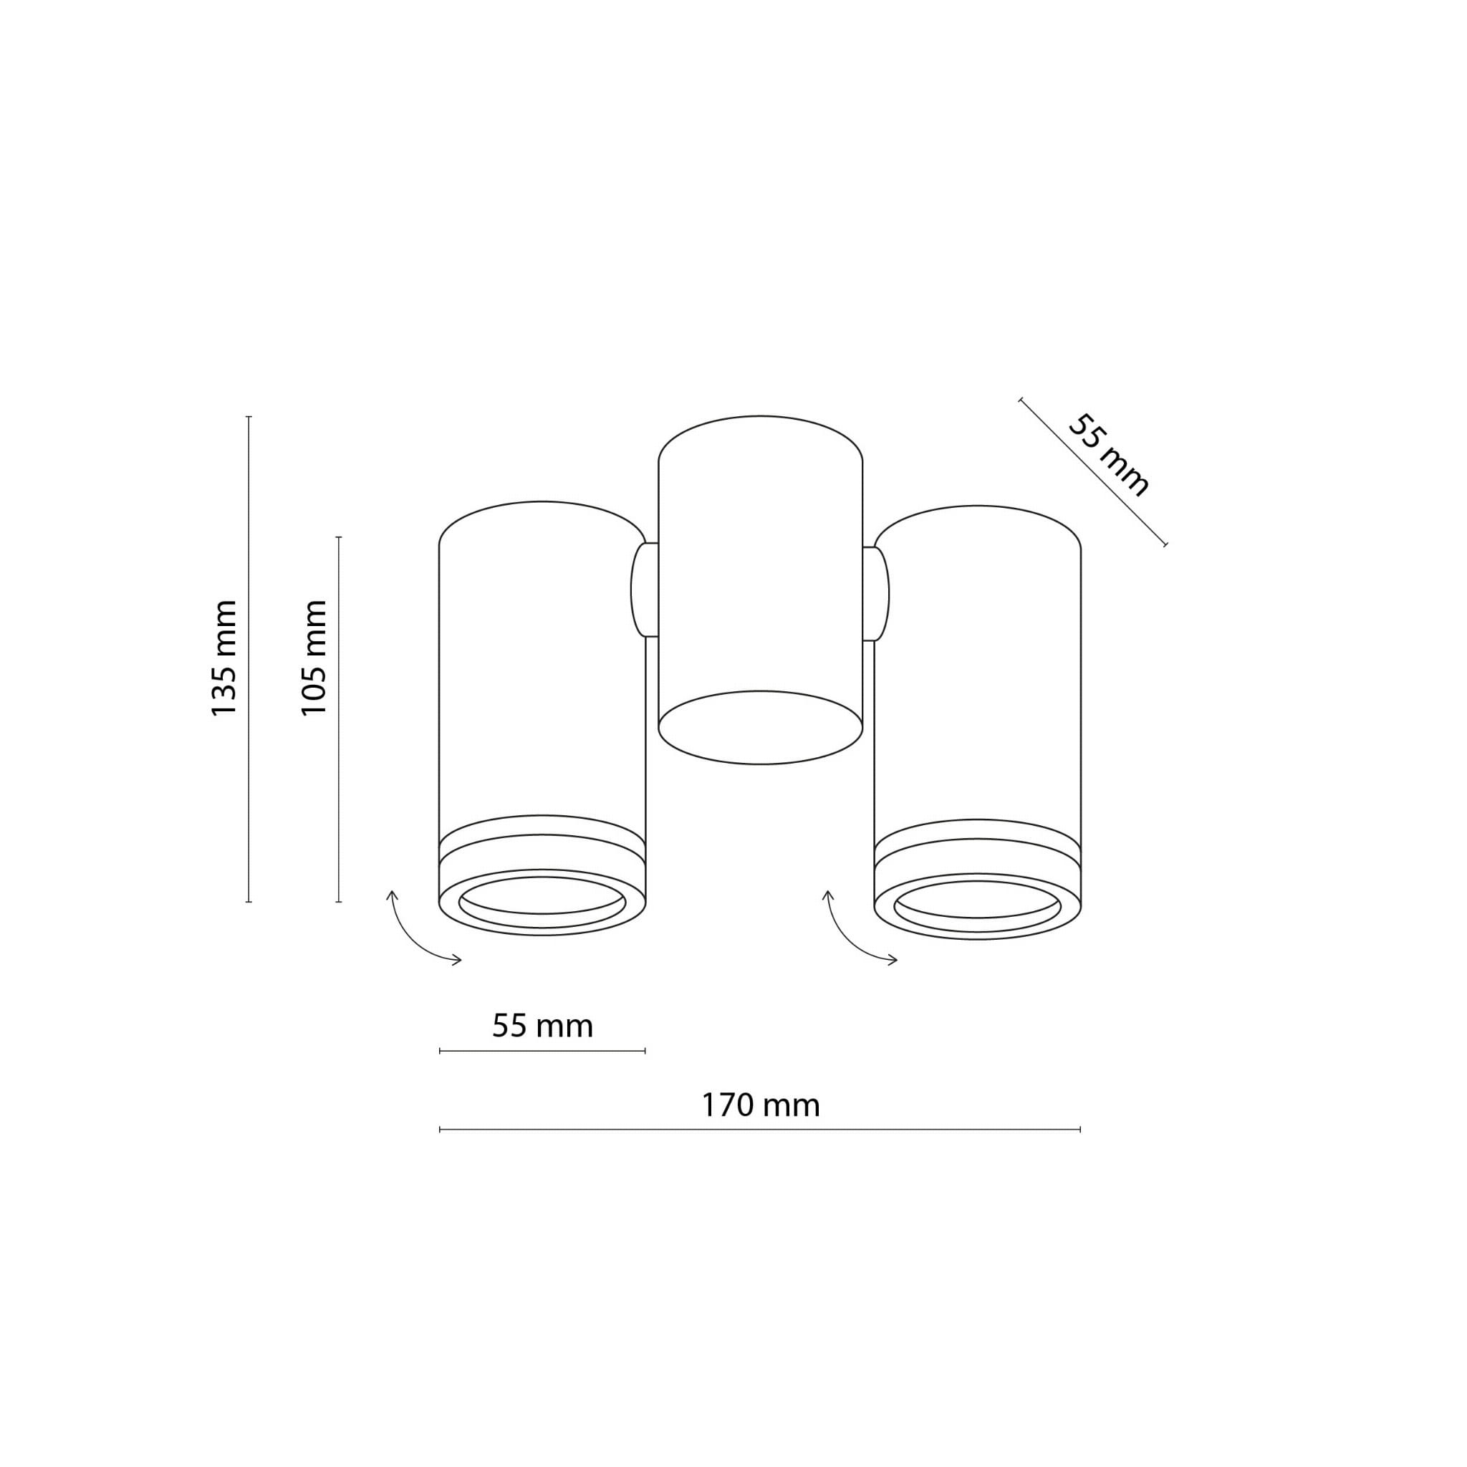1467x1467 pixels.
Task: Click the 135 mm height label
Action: (224, 658)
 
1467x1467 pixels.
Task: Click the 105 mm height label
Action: (314, 658)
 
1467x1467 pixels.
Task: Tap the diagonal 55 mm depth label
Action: (1109, 456)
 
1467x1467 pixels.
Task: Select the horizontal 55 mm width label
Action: (542, 1026)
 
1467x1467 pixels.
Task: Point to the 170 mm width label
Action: (760, 1105)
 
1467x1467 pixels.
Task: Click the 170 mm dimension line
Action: (760, 1130)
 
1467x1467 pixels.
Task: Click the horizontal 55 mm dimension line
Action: (542, 1051)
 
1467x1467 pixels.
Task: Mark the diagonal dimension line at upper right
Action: (1093, 471)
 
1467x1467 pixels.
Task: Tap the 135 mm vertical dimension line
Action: (249, 659)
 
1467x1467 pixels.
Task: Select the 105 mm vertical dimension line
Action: (339, 719)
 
